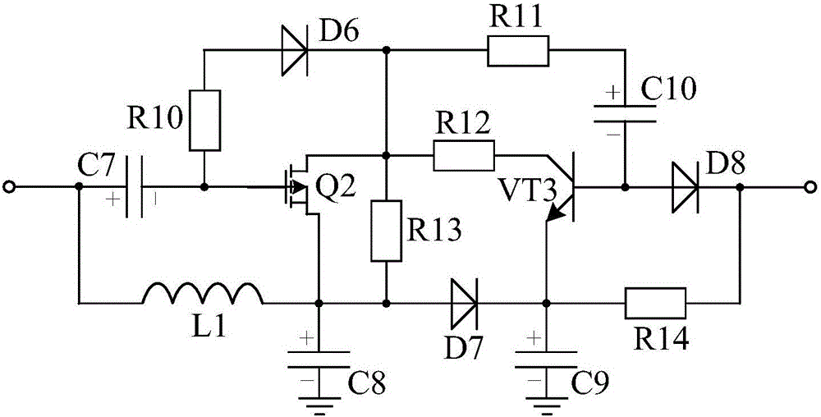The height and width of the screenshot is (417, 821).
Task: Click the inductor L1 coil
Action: click(x=203, y=293)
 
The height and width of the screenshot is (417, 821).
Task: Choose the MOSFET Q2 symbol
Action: click(x=300, y=187)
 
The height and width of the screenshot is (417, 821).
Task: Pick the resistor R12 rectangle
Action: click(x=464, y=154)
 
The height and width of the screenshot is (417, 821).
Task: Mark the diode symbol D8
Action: click(x=684, y=187)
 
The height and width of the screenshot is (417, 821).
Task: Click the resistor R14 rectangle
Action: click(x=656, y=301)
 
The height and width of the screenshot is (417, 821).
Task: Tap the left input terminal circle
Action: click(x=8, y=187)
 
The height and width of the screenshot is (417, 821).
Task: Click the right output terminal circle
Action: click(x=811, y=187)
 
